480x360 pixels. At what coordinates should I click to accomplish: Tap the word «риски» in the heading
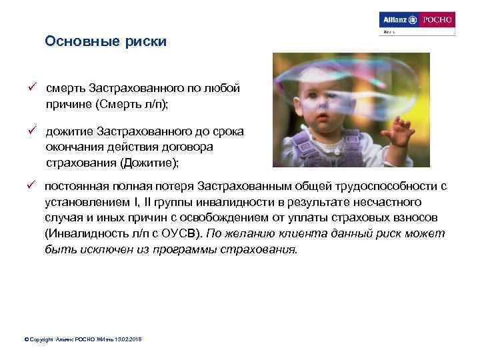point(145,42)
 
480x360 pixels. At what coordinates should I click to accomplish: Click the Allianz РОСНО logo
point(416,20)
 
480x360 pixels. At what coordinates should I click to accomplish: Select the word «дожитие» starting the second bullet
point(69,131)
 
